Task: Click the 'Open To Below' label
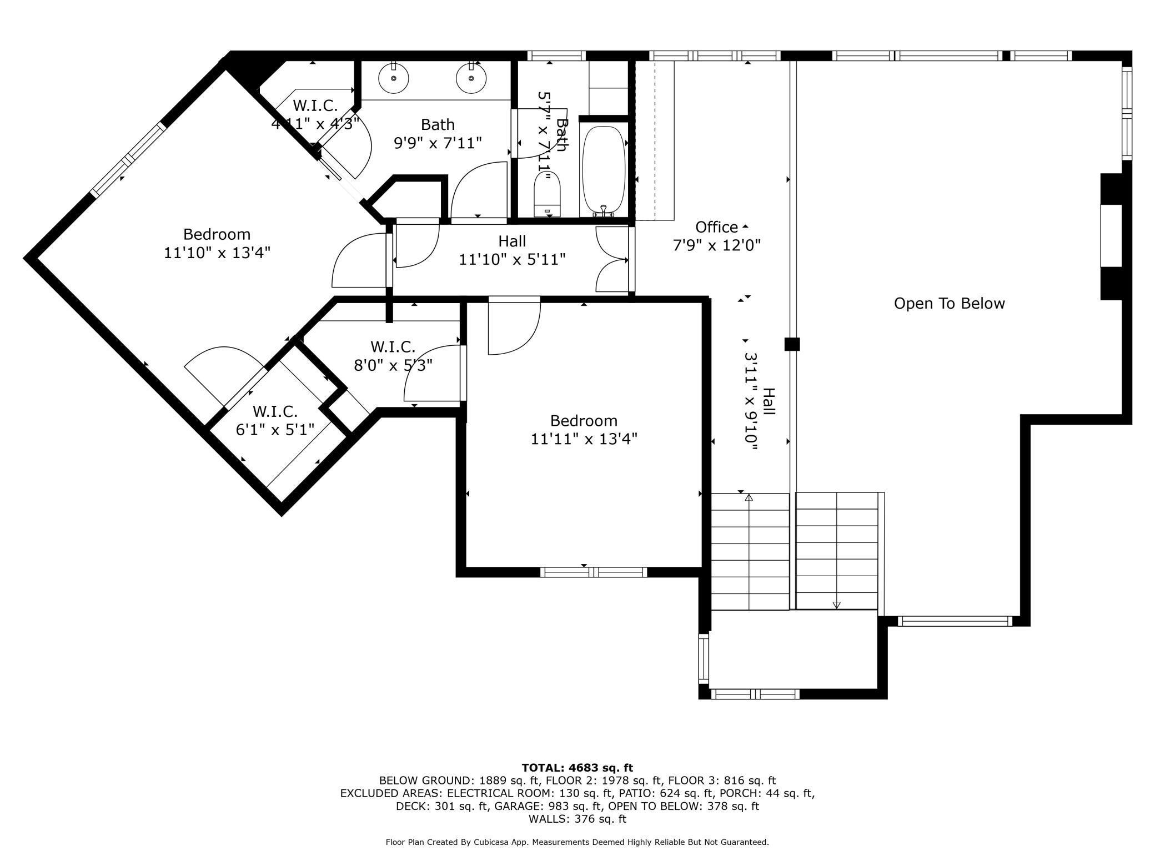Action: pyautogui.click(x=949, y=303)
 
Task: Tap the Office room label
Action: pyautogui.click(x=716, y=227)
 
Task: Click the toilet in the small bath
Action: pyautogui.click(x=548, y=194)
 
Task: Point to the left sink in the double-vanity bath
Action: pyautogui.click(x=394, y=78)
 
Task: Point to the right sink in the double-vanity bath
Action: pyautogui.click(x=471, y=78)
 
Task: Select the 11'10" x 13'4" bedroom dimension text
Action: pyautogui.click(x=217, y=253)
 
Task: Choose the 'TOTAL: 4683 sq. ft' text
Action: pyautogui.click(x=577, y=768)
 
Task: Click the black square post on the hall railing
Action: pyautogui.click(x=792, y=344)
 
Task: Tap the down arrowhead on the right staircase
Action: pyautogui.click(x=837, y=605)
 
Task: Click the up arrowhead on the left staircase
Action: pyautogui.click(x=749, y=497)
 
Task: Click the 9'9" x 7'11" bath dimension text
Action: pyautogui.click(x=438, y=143)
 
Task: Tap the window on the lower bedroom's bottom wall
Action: pyautogui.click(x=594, y=572)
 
